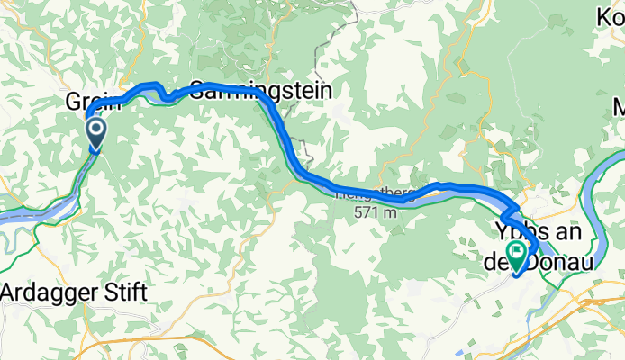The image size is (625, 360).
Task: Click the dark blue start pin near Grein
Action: pyautogui.click(x=95, y=136)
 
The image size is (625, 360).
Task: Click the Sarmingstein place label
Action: pyautogui.click(x=261, y=91)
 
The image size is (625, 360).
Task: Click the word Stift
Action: pyautogui.click(x=125, y=292)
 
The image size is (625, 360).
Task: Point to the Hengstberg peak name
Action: pyautogui.click(x=375, y=193)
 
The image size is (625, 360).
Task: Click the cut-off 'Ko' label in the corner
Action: pyautogui.click(x=610, y=15)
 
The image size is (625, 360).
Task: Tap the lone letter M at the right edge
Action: pyautogui.click(x=619, y=108)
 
